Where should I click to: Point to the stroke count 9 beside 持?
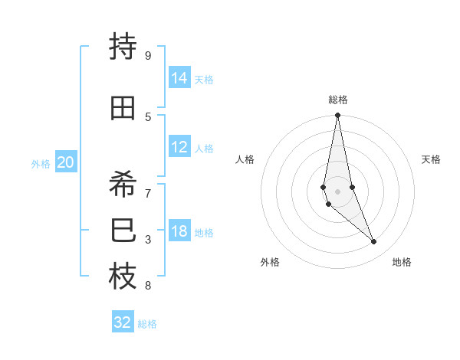pyautogui.click(x=148, y=55)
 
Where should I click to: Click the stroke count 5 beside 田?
pyautogui.click(x=148, y=116)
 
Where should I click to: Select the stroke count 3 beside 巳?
pyautogui.click(x=148, y=240)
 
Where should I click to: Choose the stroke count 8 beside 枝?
pyautogui.click(x=148, y=286)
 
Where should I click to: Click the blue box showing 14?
pyautogui.click(x=179, y=77)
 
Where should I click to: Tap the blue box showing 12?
pyautogui.click(x=179, y=147)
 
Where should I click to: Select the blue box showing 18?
pyautogui.click(x=179, y=231)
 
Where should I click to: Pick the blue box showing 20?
pyautogui.click(x=66, y=162)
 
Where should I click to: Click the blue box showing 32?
pyautogui.click(x=123, y=322)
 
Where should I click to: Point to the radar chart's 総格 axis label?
pyautogui.click(x=338, y=100)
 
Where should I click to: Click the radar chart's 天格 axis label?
pyautogui.click(x=431, y=159)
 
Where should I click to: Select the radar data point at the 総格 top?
pyautogui.click(x=337, y=116)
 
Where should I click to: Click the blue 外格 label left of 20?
pyautogui.click(x=41, y=163)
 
